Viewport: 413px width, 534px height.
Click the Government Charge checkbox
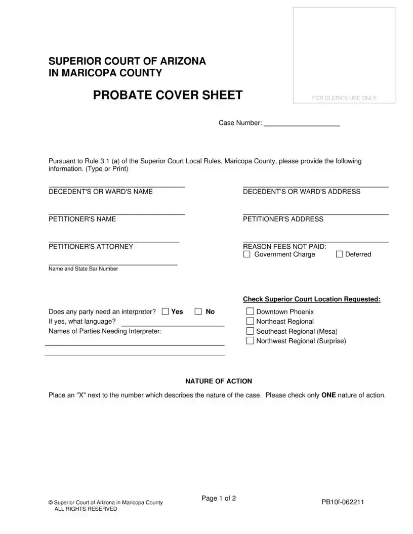(x=247, y=254)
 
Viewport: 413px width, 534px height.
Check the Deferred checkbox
(x=340, y=254)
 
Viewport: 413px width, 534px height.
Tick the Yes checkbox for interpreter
(x=165, y=312)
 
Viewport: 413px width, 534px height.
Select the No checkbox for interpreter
(x=198, y=312)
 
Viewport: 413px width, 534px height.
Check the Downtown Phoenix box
(x=250, y=312)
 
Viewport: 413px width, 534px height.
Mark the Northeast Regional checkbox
(x=250, y=321)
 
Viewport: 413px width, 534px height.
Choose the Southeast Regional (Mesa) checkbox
(x=250, y=331)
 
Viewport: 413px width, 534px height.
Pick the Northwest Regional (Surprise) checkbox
(x=250, y=341)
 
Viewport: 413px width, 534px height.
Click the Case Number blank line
(x=302, y=124)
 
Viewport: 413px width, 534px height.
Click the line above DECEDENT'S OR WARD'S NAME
(x=116, y=187)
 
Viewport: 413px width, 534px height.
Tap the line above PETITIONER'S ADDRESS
(x=315, y=214)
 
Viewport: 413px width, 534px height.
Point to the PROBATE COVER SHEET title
(x=168, y=95)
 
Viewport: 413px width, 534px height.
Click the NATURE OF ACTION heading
(x=218, y=381)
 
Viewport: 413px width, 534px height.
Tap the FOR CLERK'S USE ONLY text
(x=344, y=98)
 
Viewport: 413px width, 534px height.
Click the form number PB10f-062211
(x=343, y=502)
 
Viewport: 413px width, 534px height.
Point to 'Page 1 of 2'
(x=219, y=499)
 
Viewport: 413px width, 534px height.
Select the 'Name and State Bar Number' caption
(x=83, y=269)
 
